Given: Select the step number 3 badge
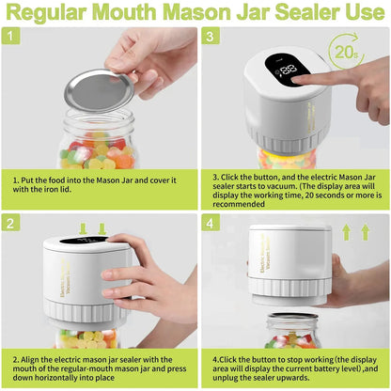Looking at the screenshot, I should [x=211, y=37].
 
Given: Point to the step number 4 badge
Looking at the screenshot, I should [x=211, y=223].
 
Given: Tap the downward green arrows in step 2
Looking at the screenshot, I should [x=92, y=229].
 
